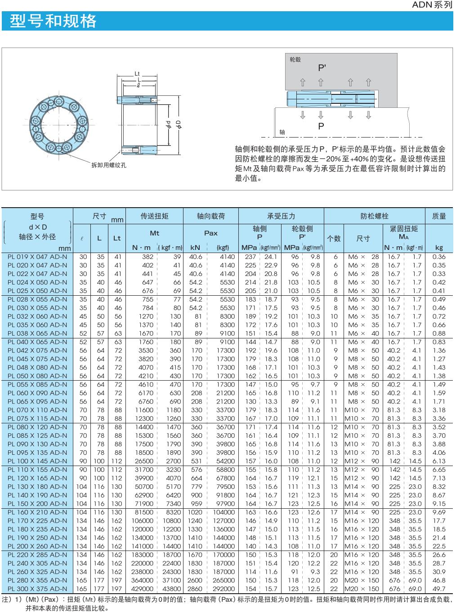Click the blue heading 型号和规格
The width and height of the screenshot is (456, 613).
53,21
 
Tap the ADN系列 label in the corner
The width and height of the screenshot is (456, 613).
432,5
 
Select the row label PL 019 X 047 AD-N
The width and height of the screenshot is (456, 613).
37,257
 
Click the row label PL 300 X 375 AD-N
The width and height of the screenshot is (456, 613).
37,589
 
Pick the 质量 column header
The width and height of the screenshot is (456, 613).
439,216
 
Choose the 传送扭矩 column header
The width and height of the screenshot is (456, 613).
155,216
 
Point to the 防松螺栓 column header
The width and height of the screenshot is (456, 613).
374,216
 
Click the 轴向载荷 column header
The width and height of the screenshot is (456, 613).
210,216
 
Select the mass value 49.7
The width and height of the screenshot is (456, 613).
439,589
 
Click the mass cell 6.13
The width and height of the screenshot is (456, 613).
439,461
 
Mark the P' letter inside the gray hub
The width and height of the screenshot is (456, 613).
322,68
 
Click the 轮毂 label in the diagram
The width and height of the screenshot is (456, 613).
295,60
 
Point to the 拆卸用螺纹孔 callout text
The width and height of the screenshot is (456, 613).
109,165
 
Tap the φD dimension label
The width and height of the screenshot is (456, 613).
179,124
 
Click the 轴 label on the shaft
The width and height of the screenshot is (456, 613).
282,132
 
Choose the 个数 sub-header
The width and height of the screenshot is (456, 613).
334,239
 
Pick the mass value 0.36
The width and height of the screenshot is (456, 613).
439,257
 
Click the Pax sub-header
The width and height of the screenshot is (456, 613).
210,233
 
